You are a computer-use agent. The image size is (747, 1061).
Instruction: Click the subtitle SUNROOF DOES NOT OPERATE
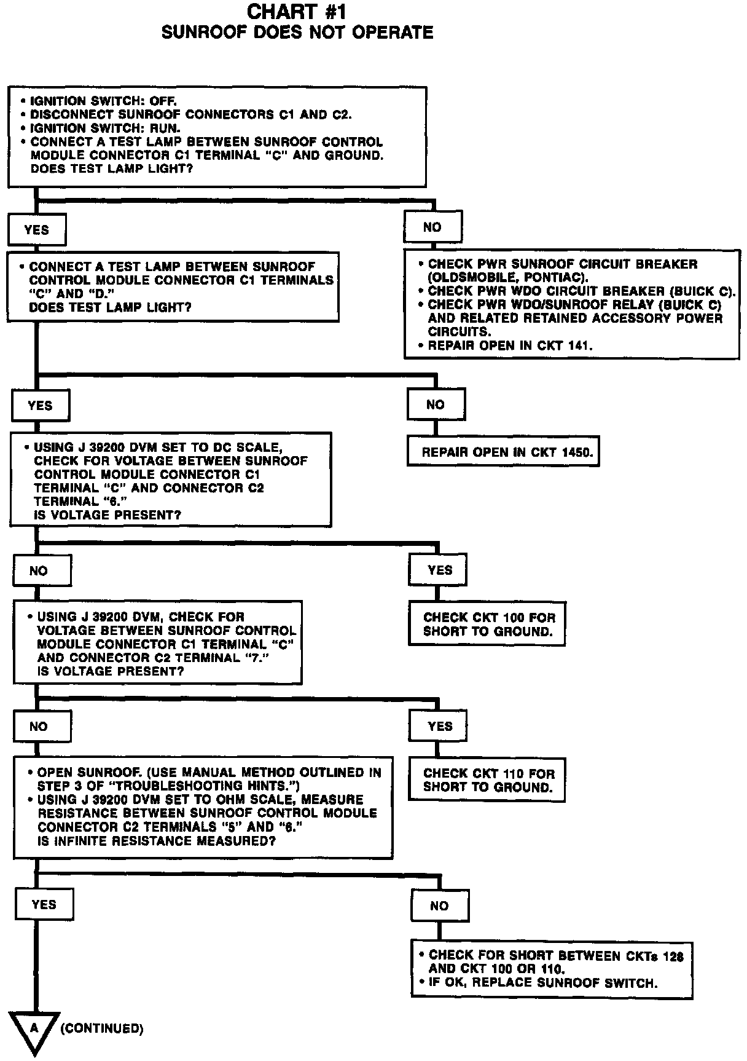click(297, 33)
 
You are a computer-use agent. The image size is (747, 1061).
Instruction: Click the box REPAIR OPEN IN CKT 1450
click(503, 452)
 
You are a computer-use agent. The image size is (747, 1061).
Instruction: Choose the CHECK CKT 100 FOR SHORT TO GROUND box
click(487, 625)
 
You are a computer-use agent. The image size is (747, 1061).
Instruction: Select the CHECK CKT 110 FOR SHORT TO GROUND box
click(487, 781)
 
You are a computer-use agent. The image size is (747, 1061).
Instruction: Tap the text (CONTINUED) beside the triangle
click(102, 1028)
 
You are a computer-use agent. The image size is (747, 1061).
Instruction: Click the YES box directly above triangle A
click(44, 904)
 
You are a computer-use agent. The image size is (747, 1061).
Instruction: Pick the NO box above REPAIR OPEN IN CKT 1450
click(436, 404)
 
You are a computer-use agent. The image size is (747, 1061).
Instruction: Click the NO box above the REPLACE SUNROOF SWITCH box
click(439, 905)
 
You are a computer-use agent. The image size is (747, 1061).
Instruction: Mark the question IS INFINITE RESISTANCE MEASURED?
click(156, 841)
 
